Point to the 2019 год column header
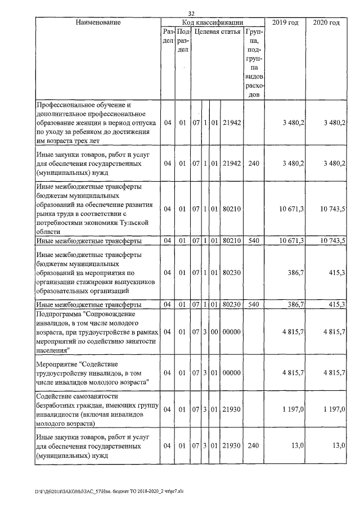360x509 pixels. click(285, 22)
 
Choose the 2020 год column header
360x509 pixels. click(326, 22)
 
